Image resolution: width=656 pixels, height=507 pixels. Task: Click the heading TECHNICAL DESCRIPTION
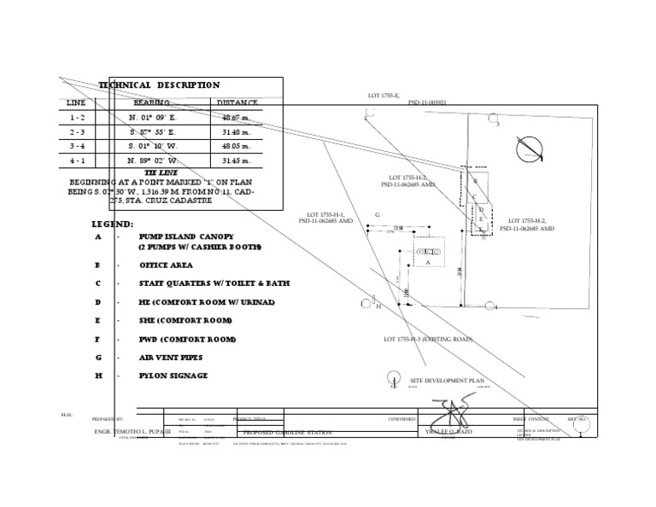coord(159,85)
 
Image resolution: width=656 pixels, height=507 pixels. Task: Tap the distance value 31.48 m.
coord(236,131)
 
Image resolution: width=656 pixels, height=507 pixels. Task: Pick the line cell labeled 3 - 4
coord(77,146)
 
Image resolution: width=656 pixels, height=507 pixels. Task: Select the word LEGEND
coord(112,224)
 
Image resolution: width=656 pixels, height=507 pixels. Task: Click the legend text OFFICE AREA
coord(167,265)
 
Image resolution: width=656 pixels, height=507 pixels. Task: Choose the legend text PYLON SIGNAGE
coord(173,376)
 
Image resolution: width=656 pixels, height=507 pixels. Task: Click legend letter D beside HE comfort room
coord(97,302)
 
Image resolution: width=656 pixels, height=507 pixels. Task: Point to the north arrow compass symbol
coord(530,149)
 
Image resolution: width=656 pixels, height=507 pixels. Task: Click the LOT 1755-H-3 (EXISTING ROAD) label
coord(435,340)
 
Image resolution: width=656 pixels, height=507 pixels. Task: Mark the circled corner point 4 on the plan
coord(489,306)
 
